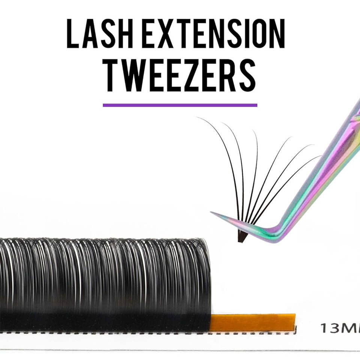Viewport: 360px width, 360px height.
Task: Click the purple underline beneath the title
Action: tap(180, 105)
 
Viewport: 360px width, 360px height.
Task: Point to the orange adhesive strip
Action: tap(252, 322)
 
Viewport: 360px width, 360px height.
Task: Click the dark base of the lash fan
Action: tap(242, 236)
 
